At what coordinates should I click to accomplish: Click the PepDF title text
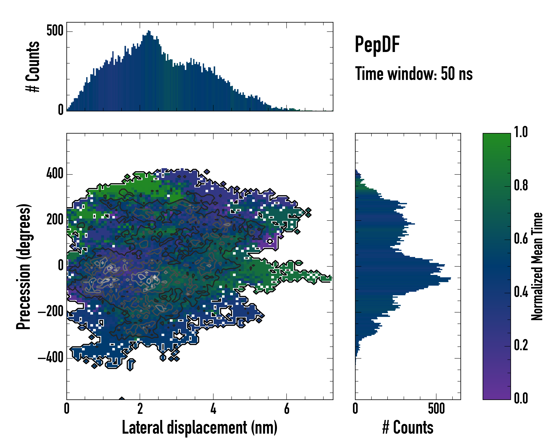point(377,45)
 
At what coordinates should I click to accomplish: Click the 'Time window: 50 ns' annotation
point(414,74)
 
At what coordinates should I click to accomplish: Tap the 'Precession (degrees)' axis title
point(24,266)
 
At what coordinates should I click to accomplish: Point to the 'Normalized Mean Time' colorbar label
point(537,266)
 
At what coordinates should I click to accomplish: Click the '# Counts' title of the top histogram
point(33,67)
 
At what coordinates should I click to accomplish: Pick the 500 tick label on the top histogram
point(55,31)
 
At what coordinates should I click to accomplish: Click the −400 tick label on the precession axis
point(51,358)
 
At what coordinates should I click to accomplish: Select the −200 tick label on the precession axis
point(51,312)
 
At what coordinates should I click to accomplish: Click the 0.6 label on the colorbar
point(521,239)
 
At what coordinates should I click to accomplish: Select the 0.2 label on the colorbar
point(521,345)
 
